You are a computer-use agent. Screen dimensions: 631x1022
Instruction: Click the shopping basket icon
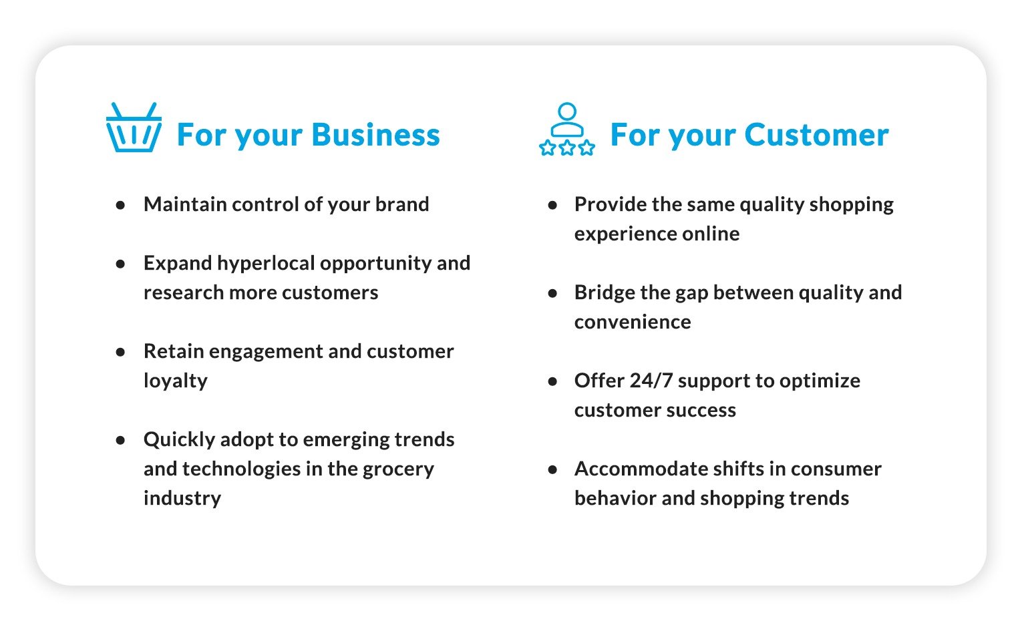(134, 128)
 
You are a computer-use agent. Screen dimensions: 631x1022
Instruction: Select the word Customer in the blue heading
(816, 135)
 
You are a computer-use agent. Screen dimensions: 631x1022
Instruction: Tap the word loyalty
(175, 381)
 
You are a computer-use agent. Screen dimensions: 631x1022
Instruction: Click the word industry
(182, 498)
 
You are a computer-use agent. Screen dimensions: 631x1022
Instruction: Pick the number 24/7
(651, 381)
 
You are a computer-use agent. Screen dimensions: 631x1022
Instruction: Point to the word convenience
(632, 322)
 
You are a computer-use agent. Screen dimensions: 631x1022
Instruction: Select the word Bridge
(604, 292)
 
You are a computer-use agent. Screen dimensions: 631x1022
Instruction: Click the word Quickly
(178, 439)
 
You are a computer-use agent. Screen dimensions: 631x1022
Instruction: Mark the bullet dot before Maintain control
(120, 205)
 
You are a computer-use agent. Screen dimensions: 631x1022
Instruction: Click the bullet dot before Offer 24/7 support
(552, 381)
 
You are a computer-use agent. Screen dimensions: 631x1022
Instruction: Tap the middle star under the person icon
(566, 148)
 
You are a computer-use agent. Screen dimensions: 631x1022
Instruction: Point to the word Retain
(173, 351)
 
